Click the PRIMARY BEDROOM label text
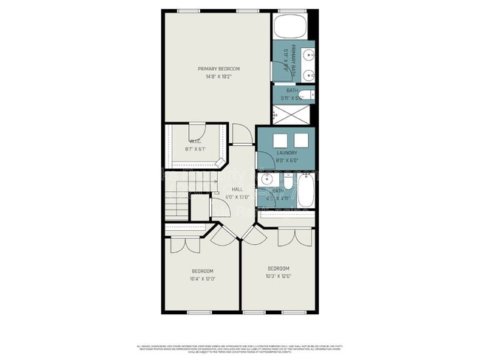(219, 69)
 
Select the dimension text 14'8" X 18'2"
(219, 76)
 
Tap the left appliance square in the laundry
(281, 142)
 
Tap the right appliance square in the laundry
(301, 142)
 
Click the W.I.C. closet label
(195, 141)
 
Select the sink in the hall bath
(268, 181)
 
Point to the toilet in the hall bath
(287, 182)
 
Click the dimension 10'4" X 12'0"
(202, 279)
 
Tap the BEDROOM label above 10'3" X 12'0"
(278, 268)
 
